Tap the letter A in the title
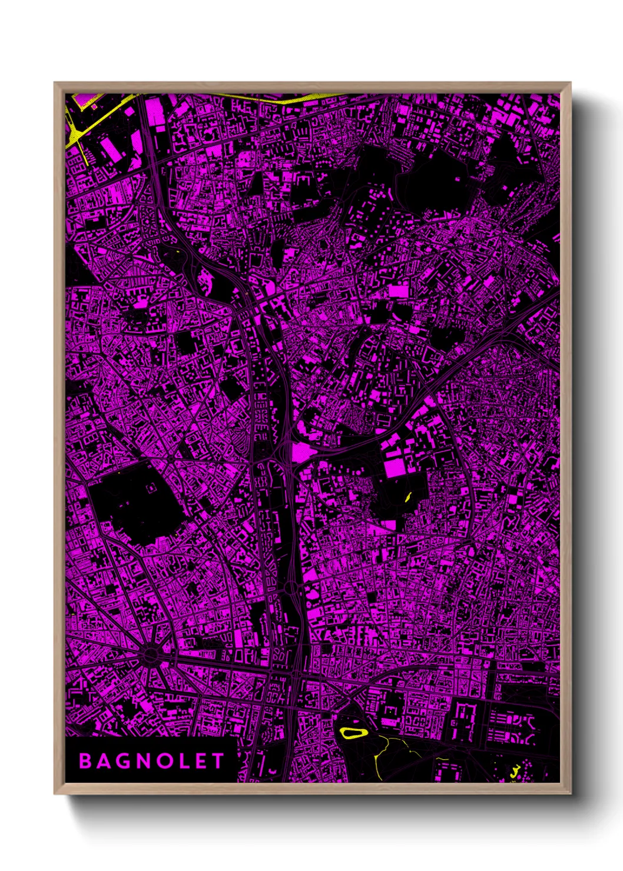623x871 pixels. (105, 761)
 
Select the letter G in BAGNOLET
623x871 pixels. (125, 761)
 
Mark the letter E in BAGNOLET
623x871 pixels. (203, 761)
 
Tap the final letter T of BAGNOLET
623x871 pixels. (219, 761)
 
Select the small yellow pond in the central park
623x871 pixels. (407, 496)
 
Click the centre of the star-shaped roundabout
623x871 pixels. (151, 654)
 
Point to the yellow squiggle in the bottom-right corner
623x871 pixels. (516, 770)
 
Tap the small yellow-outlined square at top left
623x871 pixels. (94, 107)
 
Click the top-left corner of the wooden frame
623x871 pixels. (55, 83)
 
